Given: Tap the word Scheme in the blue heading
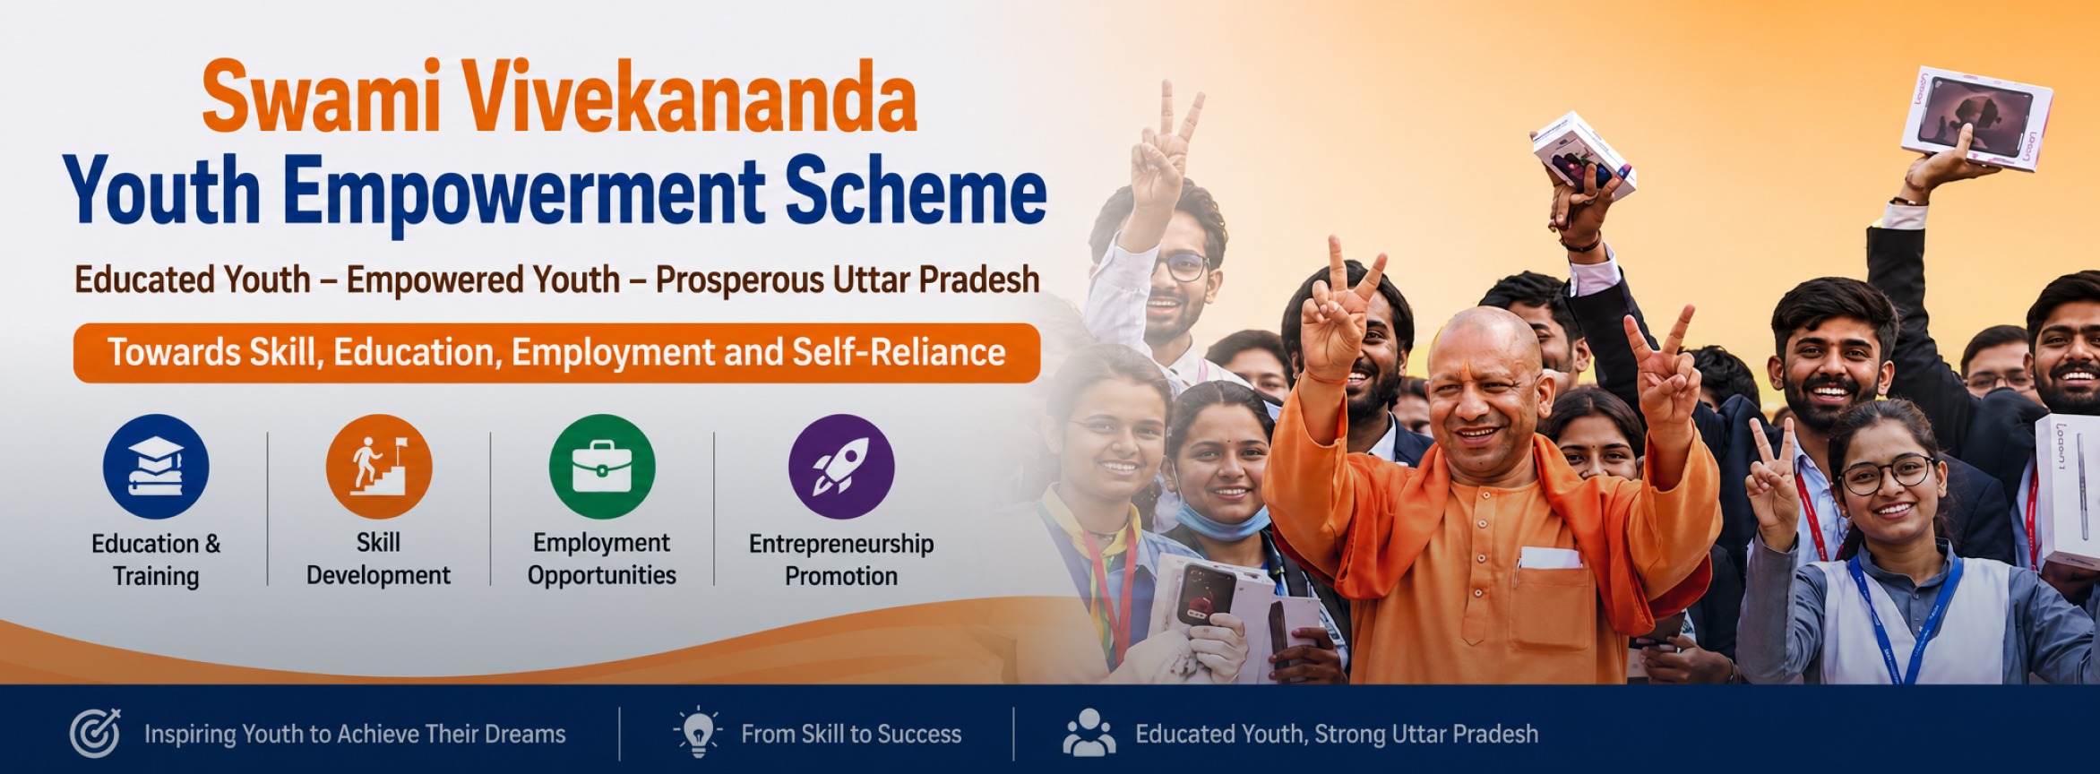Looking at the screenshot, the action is point(917,191).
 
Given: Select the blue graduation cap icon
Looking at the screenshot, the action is point(156,467).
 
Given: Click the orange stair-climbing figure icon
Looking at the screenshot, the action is point(379,467).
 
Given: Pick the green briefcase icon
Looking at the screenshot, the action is point(602,467).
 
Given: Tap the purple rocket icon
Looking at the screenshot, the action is point(841,467).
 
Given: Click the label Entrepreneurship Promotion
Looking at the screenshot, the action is point(841,560).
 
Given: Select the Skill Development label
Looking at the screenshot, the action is point(379,559).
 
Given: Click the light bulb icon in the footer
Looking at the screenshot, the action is point(698,732).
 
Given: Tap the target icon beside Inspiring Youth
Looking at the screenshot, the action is point(96,733).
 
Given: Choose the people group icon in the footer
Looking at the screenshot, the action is point(1089,733).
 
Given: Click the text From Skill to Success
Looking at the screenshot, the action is point(851,735).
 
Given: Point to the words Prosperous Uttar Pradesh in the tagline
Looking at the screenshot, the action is point(848,280).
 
